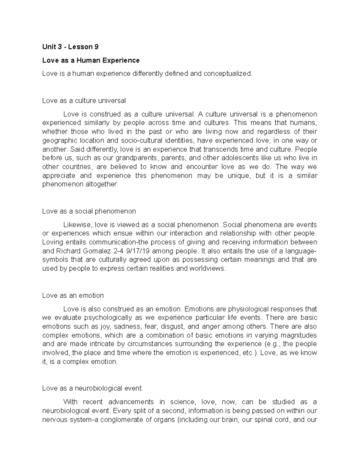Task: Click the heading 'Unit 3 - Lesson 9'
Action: [x=70, y=47]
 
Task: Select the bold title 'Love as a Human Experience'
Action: [x=91, y=60]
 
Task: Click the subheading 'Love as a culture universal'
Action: [x=84, y=101]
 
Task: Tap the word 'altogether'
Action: [x=103, y=185]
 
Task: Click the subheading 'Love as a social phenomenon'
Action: [x=89, y=211]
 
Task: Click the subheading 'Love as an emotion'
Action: [x=73, y=296]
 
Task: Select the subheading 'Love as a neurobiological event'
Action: [x=92, y=388]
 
